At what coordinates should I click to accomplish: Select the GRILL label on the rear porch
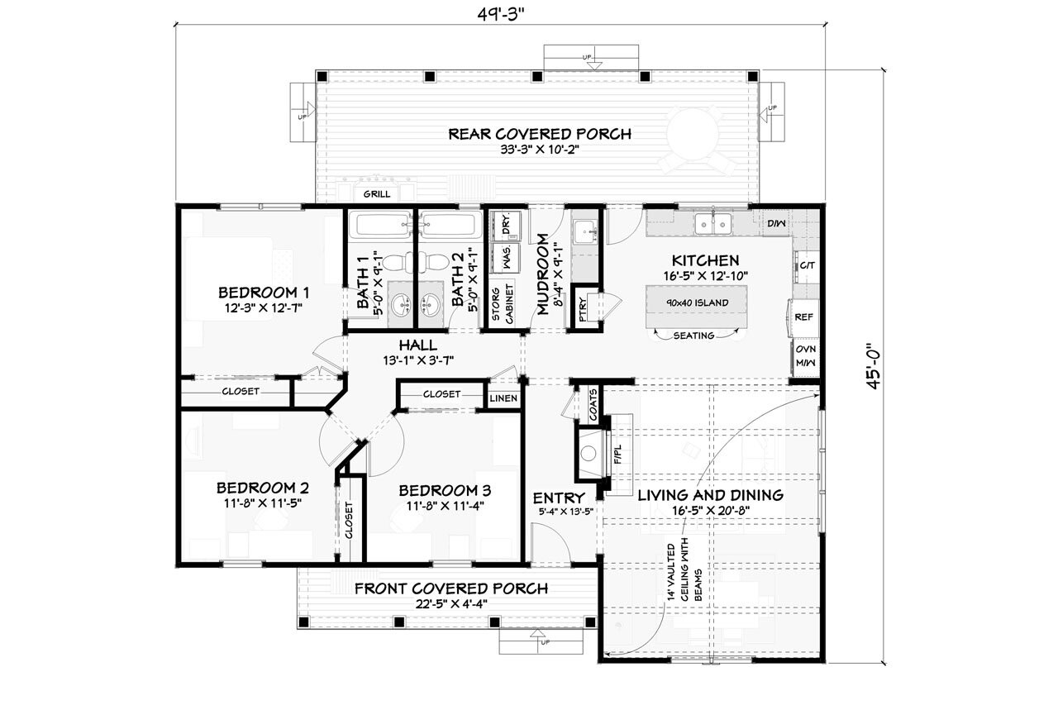point(376,195)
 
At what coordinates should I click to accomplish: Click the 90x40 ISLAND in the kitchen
point(696,302)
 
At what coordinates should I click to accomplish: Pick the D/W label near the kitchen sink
point(775,223)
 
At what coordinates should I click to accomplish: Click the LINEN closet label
point(503,399)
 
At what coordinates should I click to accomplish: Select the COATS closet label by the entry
point(593,404)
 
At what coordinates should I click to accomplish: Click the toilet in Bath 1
point(396,263)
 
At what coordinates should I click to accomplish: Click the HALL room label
point(417,345)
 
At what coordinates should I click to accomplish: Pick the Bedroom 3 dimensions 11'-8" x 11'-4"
point(442,506)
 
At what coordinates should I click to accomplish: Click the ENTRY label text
point(559,498)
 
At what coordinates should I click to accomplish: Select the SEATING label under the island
point(693,336)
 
